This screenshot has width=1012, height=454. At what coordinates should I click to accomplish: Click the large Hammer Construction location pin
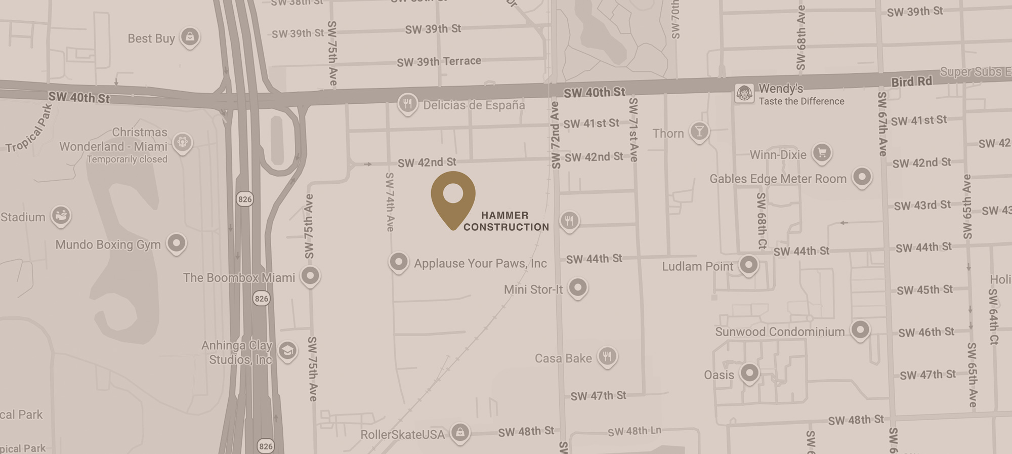click(453, 197)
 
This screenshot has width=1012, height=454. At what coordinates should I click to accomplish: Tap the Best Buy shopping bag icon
click(190, 36)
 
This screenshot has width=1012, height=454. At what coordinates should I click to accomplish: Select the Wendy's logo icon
click(744, 93)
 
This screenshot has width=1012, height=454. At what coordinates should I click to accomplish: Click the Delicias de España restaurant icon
click(407, 104)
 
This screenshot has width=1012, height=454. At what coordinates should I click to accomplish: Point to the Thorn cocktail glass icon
click(699, 132)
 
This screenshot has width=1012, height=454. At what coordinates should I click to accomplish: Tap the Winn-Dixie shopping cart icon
click(822, 152)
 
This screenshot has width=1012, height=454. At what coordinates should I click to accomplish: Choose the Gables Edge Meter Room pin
click(862, 177)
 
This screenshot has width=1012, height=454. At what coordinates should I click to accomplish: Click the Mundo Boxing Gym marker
click(176, 243)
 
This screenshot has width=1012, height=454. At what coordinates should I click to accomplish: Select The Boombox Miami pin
click(310, 276)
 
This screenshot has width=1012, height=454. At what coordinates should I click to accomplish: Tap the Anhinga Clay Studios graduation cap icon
click(287, 350)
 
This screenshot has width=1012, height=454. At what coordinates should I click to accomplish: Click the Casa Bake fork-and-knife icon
click(607, 356)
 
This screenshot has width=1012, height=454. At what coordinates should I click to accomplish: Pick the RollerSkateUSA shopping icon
click(459, 432)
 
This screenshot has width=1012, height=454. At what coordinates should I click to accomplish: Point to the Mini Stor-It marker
click(577, 287)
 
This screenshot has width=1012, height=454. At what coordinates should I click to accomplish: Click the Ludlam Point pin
click(748, 264)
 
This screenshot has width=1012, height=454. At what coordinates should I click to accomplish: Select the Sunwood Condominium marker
click(860, 330)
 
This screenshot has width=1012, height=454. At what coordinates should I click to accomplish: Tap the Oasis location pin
click(749, 374)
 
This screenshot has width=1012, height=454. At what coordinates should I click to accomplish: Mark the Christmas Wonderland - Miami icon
click(182, 142)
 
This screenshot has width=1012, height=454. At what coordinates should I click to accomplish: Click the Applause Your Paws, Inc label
click(480, 264)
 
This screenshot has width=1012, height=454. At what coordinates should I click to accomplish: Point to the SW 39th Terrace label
click(439, 62)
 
